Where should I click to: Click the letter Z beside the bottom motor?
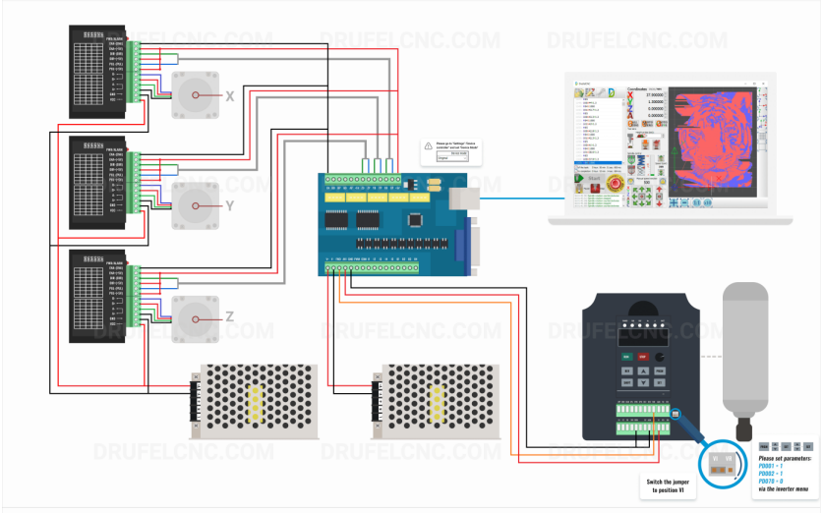(229, 316)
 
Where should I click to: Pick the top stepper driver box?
(97, 68)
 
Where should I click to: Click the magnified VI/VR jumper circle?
(724, 461)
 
